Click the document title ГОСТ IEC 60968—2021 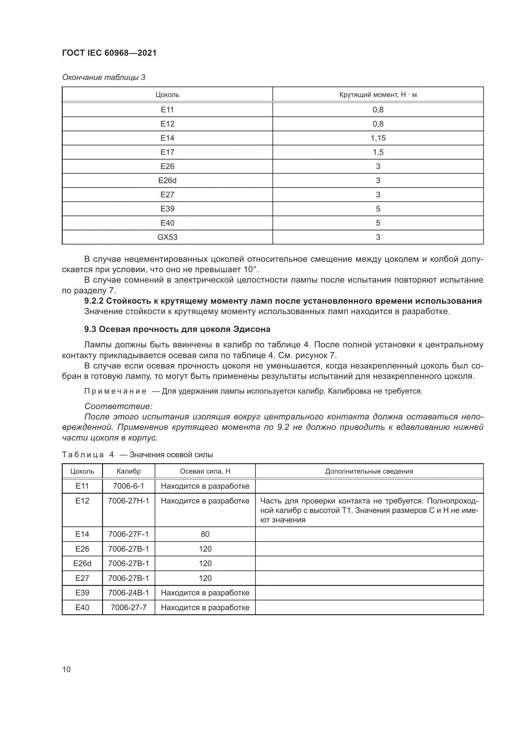(x=109, y=53)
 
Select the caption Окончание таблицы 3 (x=103, y=77)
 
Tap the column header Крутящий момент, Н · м (x=378, y=95)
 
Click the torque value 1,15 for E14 (x=378, y=138)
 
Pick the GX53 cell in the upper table (x=167, y=237)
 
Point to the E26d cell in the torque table (x=167, y=181)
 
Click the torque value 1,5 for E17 (x=378, y=152)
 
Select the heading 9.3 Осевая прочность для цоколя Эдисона (x=177, y=329)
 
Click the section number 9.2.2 (x=94, y=301)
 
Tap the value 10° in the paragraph (x=251, y=269)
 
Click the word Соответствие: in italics (x=118, y=407)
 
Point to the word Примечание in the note (x=115, y=391)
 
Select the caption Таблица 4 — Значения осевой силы (x=137, y=455)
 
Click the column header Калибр (x=128, y=471)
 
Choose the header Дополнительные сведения (x=369, y=471)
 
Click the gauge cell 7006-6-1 (x=128, y=486)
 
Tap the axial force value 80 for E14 (x=205, y=534)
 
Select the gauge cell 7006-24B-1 (x=128, y=593)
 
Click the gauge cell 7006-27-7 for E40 (x=128, y=607)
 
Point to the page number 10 (x=66, y=669)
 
